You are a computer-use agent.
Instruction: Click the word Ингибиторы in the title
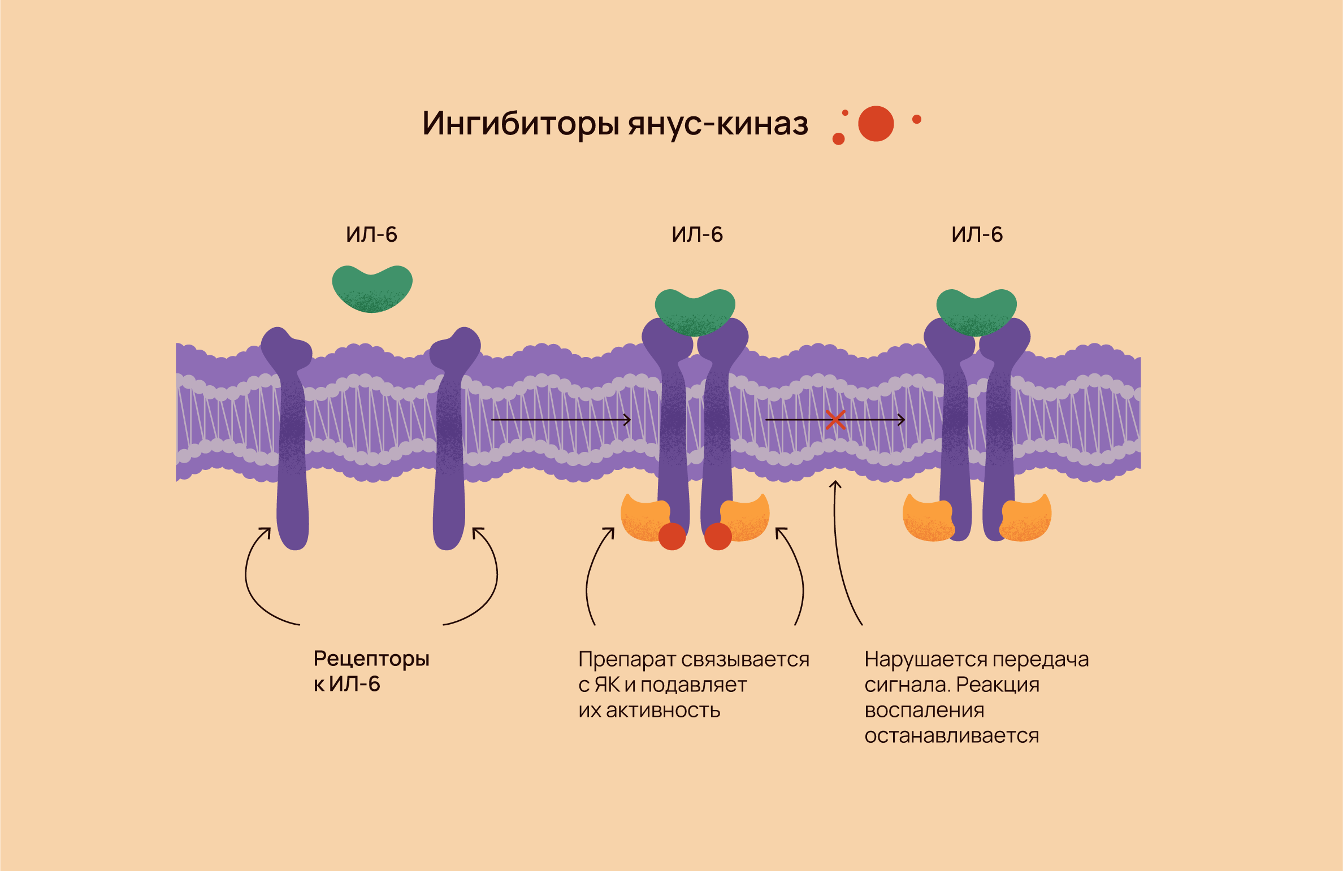click(x=520, y=124)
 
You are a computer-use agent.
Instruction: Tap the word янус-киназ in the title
click(x=718, y=124)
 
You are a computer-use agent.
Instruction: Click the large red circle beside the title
click(x=876, y=124)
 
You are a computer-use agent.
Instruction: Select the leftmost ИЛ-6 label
click(x=371, y=234)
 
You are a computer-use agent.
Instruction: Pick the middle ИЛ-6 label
click(x=697, y=234)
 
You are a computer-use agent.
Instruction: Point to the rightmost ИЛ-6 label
click(x=977, y=234)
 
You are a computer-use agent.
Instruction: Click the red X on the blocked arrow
click(x=835, y=420)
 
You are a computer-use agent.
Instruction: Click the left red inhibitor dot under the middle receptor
click(x=672, y=536)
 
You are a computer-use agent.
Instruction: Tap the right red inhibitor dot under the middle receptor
click(x=718, y=536)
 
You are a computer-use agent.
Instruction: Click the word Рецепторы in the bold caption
click(x=371, y=659)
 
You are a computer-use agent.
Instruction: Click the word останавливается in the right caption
click(x=951, y=736)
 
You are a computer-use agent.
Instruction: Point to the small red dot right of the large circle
click(x=917, y=119)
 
